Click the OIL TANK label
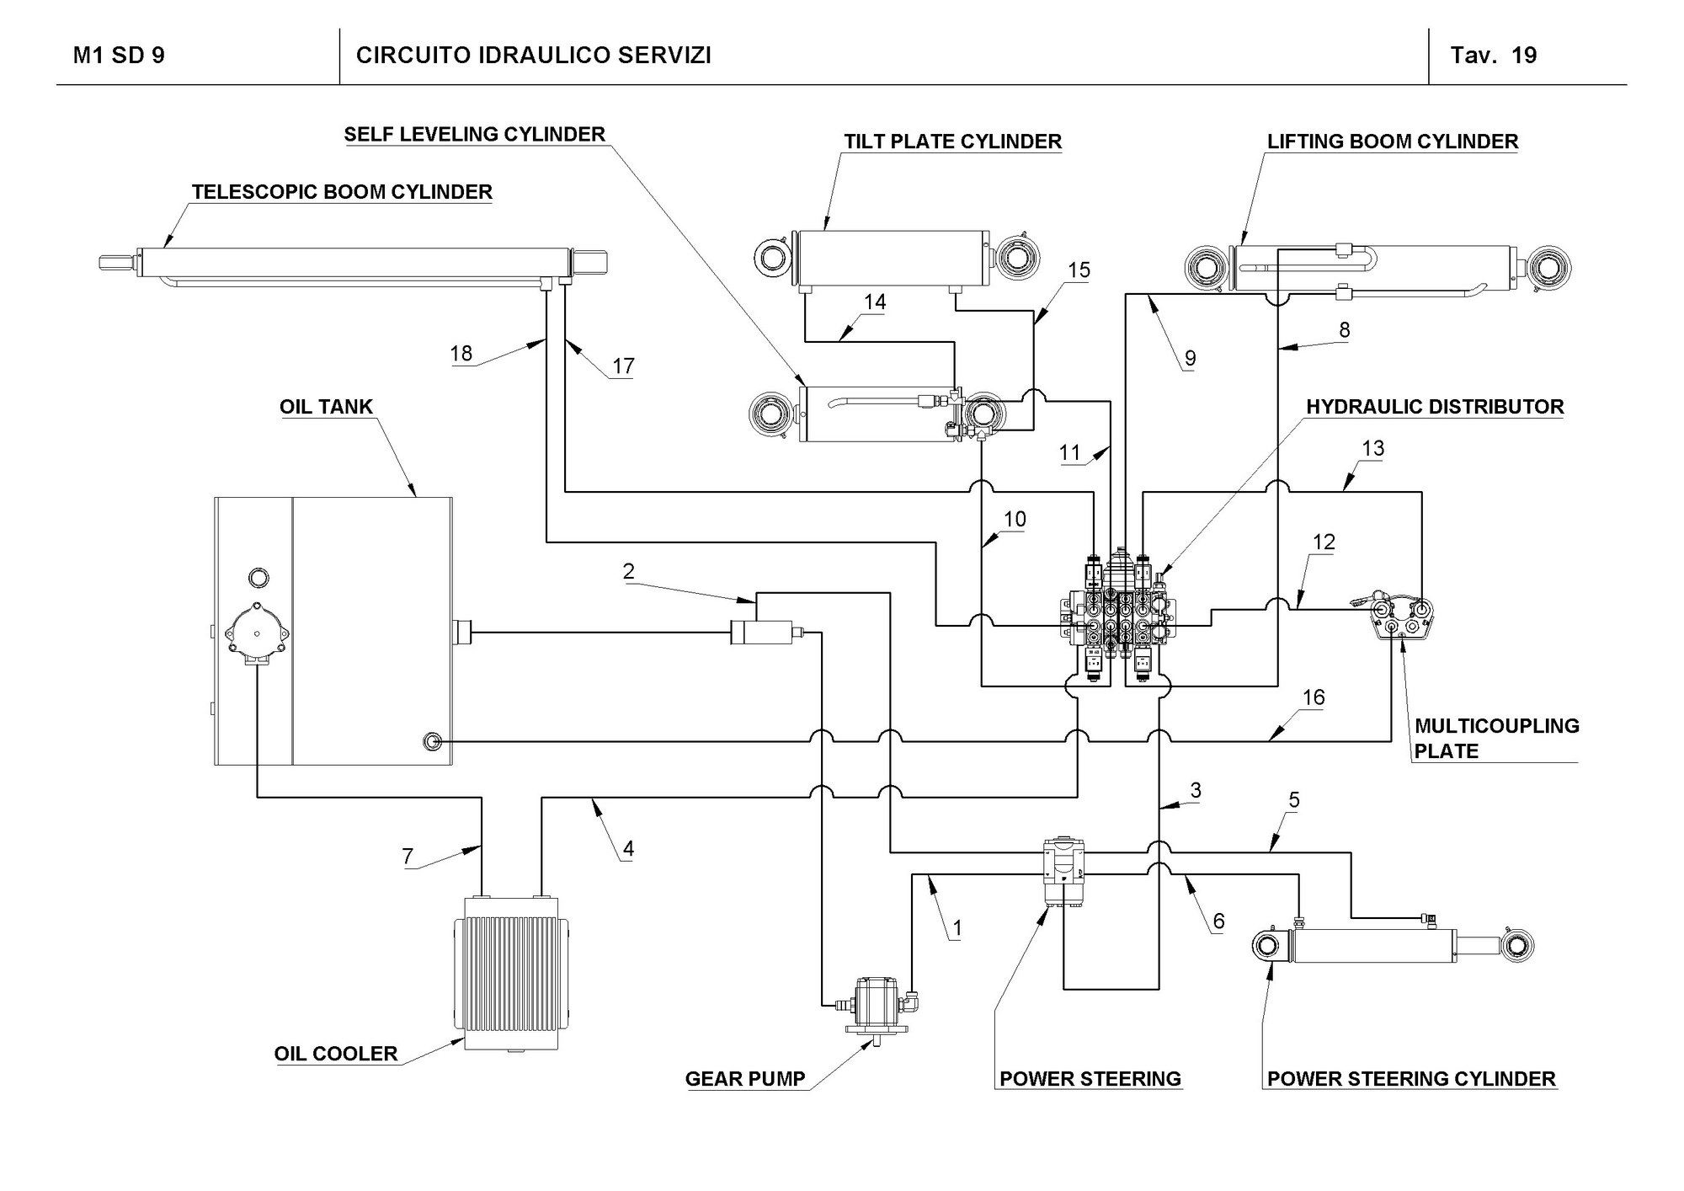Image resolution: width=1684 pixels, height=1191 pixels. pyautogui.click(x=326, y=407)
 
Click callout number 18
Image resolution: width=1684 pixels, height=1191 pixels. pyautogui.click(x=461, y=353)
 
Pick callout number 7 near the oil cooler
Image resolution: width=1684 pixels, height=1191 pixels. pyautogui.click(x=408, y=857)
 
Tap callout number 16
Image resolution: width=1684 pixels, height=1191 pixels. pyautogui.click(x=1314, y=697)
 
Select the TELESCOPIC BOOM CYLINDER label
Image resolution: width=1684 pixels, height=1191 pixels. pyautogui.click(x=342, y=192)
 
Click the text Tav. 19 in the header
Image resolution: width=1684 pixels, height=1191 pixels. pyautogui.click(x=1493, y=56)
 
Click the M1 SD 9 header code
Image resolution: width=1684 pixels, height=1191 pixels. pyautogui.click(x=119, y=56)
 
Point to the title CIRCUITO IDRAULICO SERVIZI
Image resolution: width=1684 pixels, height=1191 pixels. pyautogui.click(x=533, y=56)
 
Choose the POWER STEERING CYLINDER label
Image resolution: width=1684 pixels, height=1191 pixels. pyautogui.click(x=1411, y=1079)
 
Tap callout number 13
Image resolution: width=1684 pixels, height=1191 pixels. pyautogui.click(x=1372, y=448)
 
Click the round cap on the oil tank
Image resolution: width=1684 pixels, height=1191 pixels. pyautogui.click(x=257, y=578)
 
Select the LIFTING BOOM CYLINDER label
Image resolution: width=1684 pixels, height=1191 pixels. pyautogui.click(x=1393, y=142)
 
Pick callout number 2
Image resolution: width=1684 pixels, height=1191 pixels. pyautogui.click(x=628, y=571)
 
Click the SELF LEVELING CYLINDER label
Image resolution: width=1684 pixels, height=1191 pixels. pyautogui.click(x=474, y=135)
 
